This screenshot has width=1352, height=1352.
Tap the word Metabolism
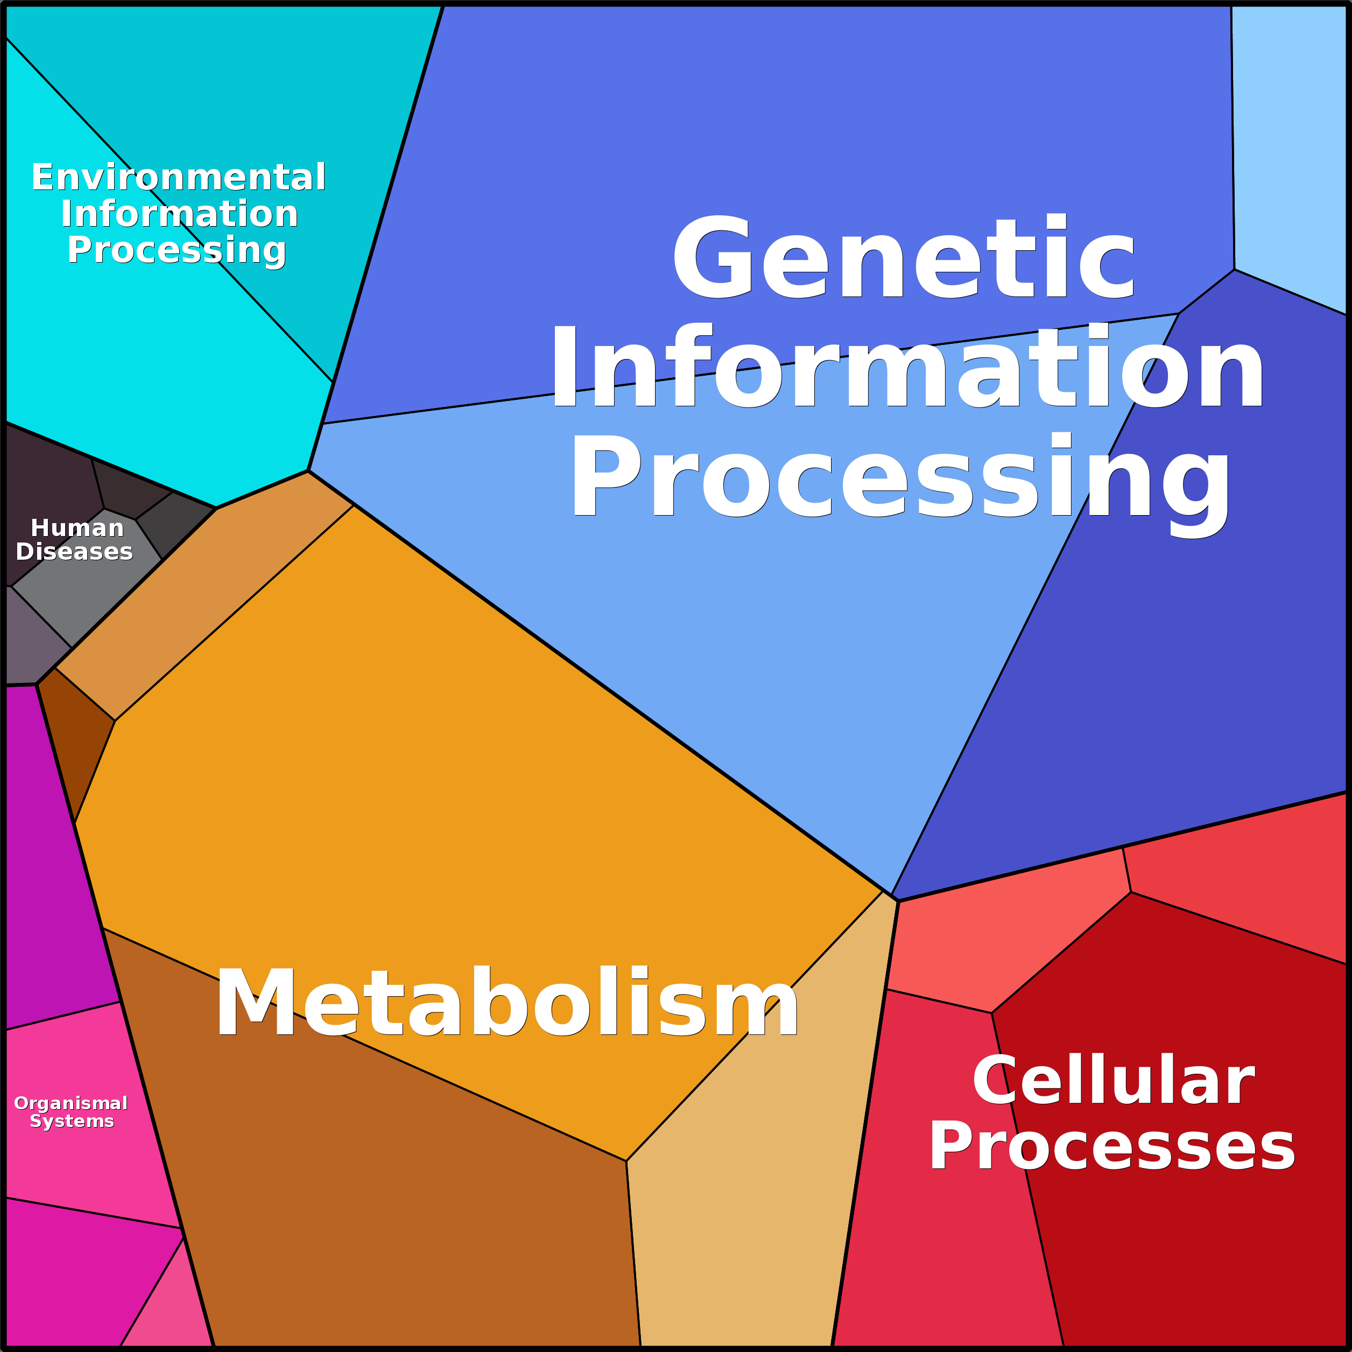click(506, 1002)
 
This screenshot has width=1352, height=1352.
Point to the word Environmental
click(179, 177)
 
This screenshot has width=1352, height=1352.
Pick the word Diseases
click(74, 552)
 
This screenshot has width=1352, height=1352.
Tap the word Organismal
click(71, 1103)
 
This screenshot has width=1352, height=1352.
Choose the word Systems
click(72, 1121)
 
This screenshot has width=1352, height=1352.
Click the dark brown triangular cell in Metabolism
click(74, 742)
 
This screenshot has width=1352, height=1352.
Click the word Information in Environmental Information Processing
click(179, 214)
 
